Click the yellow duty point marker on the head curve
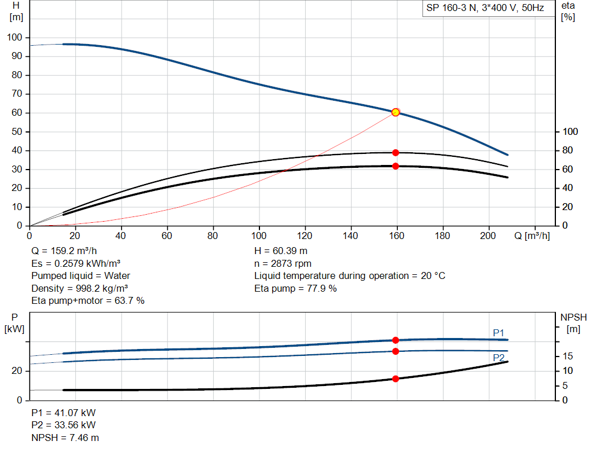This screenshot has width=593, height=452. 396,112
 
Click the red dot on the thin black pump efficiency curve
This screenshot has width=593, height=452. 396,153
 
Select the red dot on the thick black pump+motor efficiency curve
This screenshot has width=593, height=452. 396,166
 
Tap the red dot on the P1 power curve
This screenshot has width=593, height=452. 396,340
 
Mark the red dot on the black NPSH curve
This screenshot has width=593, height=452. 396,378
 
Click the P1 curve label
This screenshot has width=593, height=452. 499,333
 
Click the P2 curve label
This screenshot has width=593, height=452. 499,358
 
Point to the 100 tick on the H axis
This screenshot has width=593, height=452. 14,38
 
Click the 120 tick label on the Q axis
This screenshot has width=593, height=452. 305,236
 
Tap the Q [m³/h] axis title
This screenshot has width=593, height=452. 532,236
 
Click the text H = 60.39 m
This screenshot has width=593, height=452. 281,251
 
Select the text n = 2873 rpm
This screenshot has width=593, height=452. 283,263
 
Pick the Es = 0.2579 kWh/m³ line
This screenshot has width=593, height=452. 76,263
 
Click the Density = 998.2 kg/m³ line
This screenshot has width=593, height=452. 79,288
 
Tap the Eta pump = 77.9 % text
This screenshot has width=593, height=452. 295,288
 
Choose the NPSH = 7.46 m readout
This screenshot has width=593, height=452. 65,438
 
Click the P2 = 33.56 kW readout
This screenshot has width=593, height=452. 64,425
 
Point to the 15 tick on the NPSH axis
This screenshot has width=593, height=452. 568,356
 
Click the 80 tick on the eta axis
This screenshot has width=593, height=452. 568,150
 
